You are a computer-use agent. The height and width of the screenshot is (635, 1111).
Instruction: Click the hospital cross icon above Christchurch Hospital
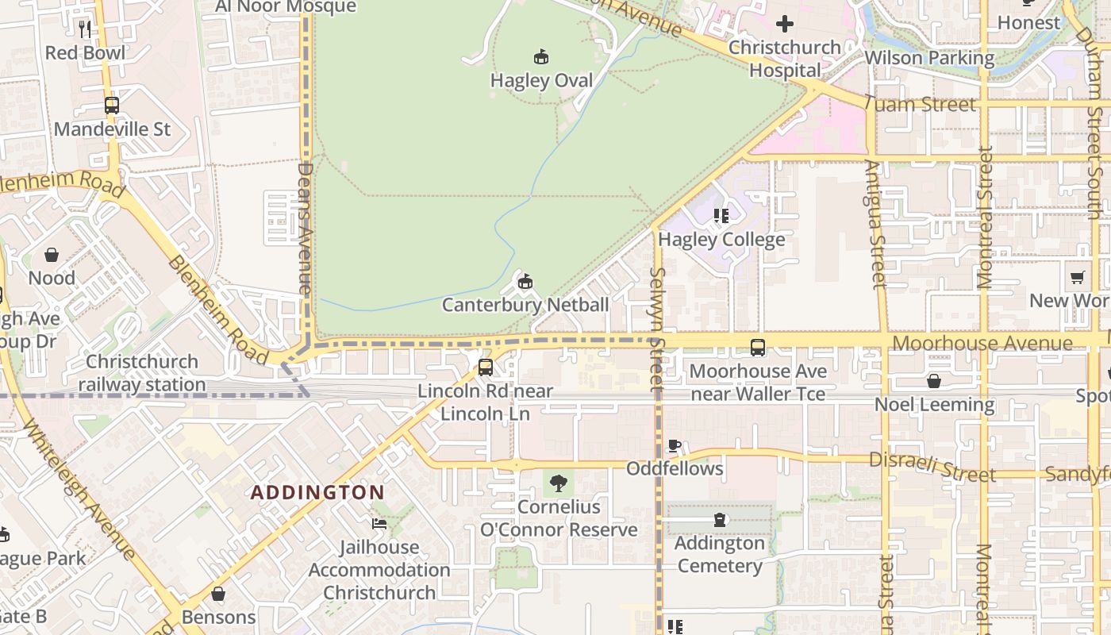785,24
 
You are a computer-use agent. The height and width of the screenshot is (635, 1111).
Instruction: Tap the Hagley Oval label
541,81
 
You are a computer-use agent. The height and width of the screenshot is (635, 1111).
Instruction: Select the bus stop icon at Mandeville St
112,106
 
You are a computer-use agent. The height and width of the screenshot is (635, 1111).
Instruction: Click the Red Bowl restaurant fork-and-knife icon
85,29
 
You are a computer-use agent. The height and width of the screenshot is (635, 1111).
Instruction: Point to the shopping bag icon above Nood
52,255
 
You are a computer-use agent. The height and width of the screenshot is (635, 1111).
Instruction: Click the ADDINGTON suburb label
317,493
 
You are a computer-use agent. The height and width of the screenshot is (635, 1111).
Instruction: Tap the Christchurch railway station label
142,373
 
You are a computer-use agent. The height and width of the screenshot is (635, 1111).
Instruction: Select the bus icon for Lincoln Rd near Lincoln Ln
486,368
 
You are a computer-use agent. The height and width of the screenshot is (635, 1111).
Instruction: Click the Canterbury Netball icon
525,281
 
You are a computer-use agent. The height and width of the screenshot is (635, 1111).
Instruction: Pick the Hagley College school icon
721,215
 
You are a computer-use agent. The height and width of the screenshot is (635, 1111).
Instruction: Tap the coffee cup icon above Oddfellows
675,445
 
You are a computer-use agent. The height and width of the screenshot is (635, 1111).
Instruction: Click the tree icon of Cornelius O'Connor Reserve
559,483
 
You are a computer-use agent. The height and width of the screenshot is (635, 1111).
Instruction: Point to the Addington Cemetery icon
720,520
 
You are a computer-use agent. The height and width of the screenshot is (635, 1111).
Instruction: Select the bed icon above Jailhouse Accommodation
379,524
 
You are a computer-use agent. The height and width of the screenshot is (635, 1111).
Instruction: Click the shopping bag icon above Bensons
218,594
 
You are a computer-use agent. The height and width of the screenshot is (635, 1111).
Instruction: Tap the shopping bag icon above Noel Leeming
934,381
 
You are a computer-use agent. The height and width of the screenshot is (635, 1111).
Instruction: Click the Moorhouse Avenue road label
982,344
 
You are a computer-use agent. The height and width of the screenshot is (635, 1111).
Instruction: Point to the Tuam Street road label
919,104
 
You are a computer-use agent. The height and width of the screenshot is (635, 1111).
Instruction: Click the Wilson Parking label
928,58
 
